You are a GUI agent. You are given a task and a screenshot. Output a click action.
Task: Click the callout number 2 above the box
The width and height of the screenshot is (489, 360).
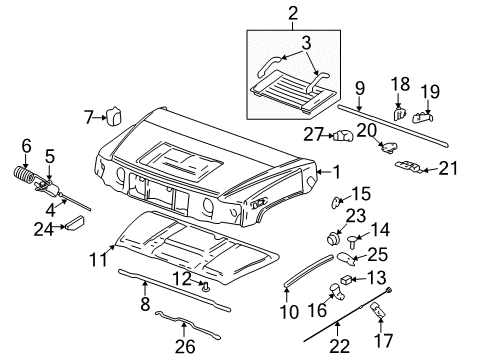point(293,13)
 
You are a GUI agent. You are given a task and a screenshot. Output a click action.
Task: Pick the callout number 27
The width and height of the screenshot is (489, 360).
point(313,133)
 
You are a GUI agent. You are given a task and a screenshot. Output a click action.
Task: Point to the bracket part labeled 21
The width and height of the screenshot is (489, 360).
point(409,166)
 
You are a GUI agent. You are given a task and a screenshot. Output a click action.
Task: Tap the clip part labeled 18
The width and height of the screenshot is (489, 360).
point(398,114)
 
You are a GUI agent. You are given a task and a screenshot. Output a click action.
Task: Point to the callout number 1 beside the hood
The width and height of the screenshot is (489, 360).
point(336,171)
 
